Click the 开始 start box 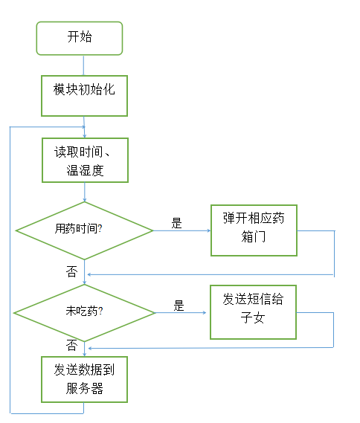point(80,39)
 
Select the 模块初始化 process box point(84,96)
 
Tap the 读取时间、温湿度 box point(85,161)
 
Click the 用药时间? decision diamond point(85,230)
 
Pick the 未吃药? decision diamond point(85,313)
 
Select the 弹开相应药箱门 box point(254,230)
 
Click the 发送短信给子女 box point(254,312)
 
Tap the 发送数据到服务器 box point(84,380)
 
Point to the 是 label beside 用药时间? point(177,223)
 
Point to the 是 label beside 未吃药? point(179,306)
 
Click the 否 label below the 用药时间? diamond point(72,271)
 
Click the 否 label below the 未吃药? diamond point(72,345)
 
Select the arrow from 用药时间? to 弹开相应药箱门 point(182,230)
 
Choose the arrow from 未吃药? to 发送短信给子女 point(181,313)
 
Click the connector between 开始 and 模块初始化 point(83,65)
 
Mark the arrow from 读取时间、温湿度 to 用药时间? point(85,192)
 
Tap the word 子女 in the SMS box point(253,317)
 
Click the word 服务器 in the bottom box point(85,389)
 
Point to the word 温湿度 point(85,170)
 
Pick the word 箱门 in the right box point(254,236)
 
